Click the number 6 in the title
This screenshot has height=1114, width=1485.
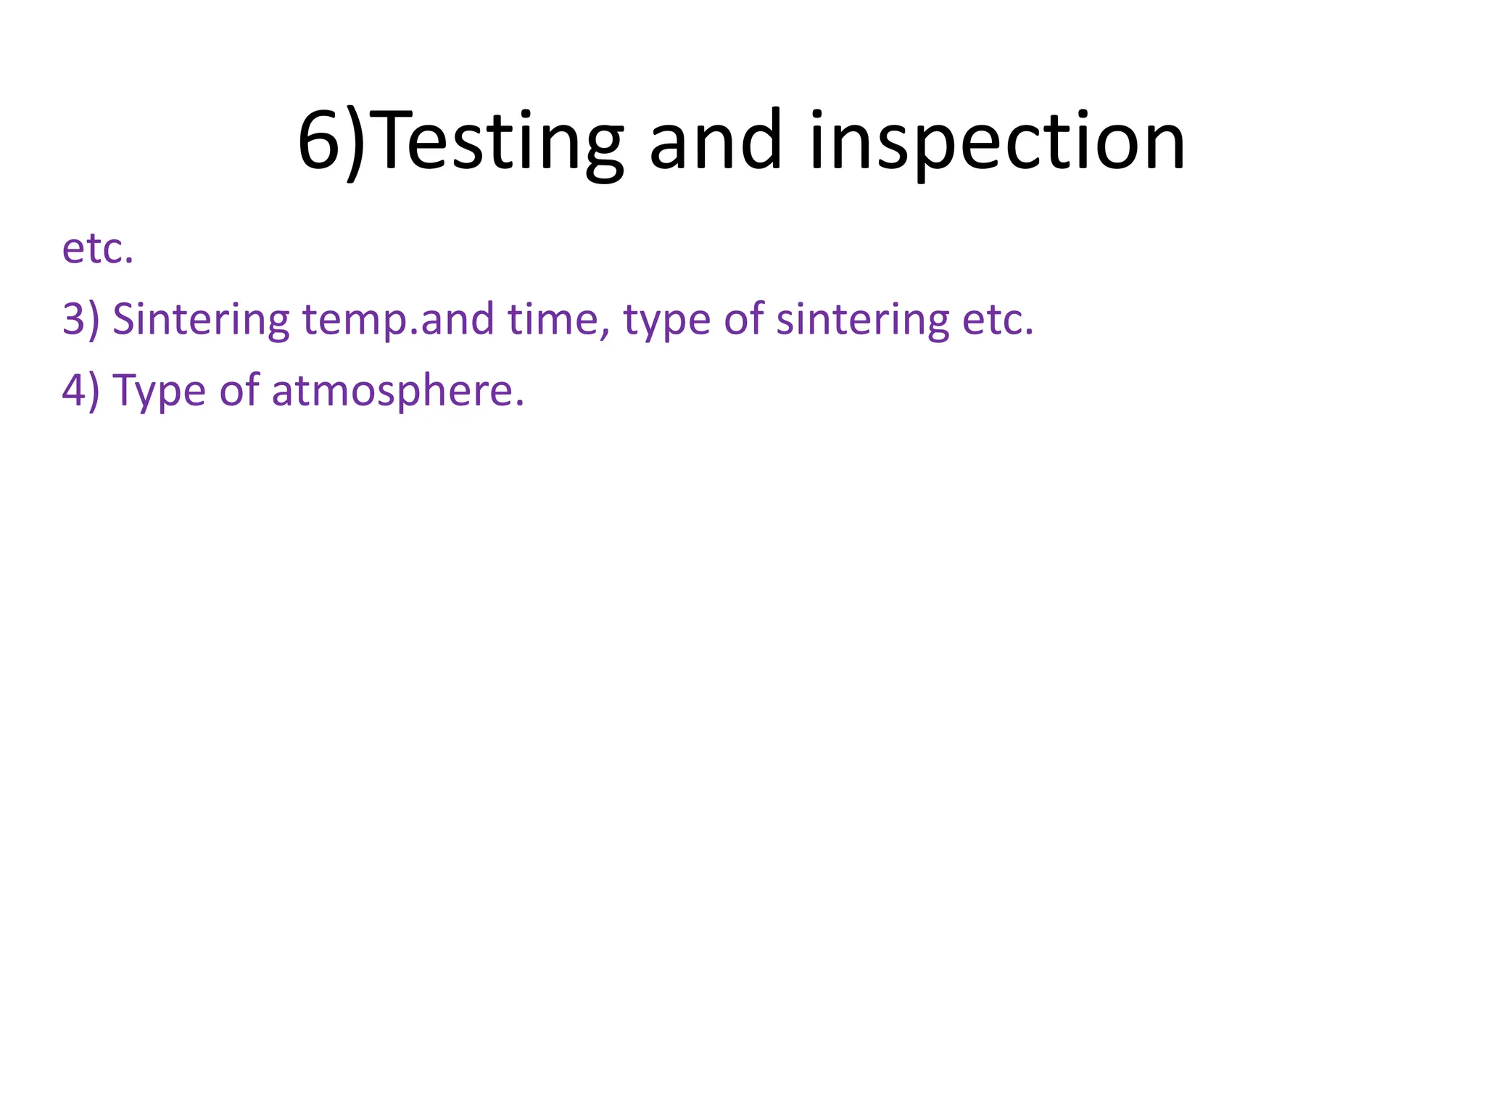pyautogui.click(x=320, y=140)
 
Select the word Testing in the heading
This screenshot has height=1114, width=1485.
pyautogui.click(x=499, y=140)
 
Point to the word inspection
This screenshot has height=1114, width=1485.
pyautogui.click(x=997, y=141)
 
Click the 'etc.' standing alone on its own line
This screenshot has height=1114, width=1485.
pyautogui.click(x=98, y=249)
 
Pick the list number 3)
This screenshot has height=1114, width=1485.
pyautogui.click(x=80, y=319)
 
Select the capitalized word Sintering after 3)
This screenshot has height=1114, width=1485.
pyautogui.click(x=201, y=319)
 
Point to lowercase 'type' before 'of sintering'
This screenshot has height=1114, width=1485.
pyautogui.click(x=667, y=321)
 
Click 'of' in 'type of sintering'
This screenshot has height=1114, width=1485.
pyautogui.click(x=743, y=319)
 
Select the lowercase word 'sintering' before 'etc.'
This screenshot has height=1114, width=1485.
pyautogui.click(x=862, y=321)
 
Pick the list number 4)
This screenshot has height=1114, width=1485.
pyautogui.click(x=80, y=390)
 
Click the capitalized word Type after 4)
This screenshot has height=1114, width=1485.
pyautogui.click(x=160, y=392)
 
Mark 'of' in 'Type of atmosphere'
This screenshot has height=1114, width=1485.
pyautogui.click(x=239, y=390)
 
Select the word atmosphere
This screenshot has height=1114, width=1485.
pyautogui.click(x=392, y=390)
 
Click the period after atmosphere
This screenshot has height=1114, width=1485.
pyautogui.click(x=518, y=402)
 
